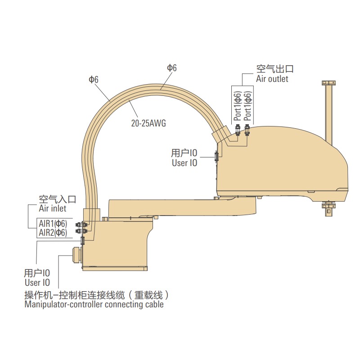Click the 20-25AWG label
coord(148,123)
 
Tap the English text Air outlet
coord(272,79)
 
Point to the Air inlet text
coord(52,208)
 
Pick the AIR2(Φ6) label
coord(53,233)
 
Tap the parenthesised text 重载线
coord(148,295)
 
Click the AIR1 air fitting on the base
coord(81,224)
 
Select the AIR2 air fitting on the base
coord(81,231)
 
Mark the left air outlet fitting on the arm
coord(237,130)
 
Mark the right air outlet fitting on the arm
coord(247,130)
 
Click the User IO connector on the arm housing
coord(216,156)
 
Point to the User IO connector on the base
coord(82,240)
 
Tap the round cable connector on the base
coord(75,254)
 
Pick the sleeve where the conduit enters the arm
coord(222,134)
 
